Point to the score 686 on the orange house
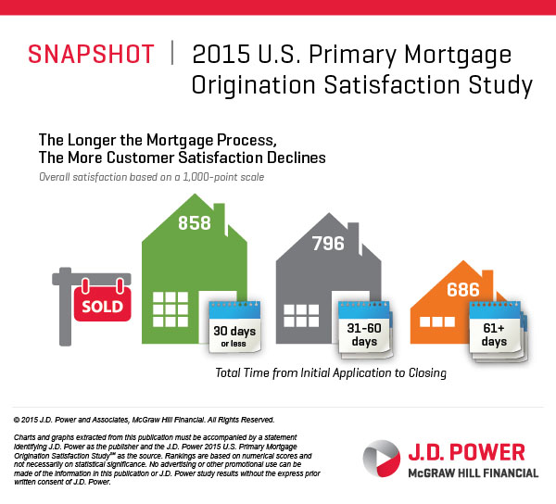click(462, 290)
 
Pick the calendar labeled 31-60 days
click(364, 326)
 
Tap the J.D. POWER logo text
click(466, 453)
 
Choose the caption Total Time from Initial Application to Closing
click(331, 373)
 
